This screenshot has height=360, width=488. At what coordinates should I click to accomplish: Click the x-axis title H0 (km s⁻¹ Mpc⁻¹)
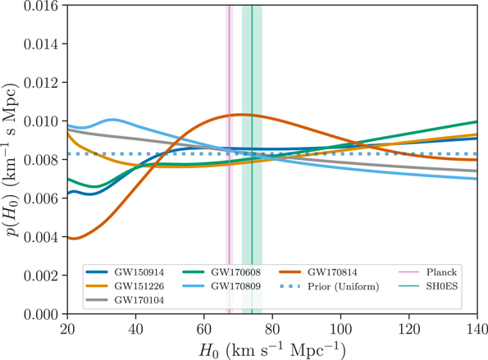click(271, 349)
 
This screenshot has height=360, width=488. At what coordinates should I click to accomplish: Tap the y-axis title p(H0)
click(11, 160)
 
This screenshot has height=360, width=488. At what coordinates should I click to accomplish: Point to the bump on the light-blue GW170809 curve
click(111, 120)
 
